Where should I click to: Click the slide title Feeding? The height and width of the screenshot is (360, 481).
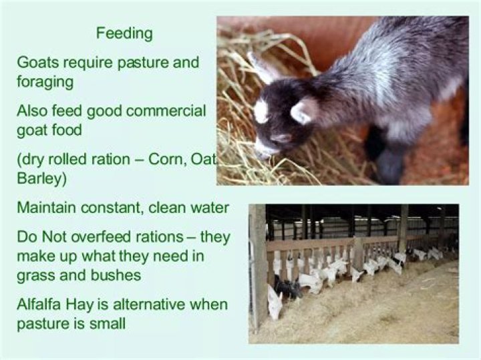124,33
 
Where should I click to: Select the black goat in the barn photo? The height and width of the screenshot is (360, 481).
287,287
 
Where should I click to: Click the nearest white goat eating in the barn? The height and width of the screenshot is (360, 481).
274,302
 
